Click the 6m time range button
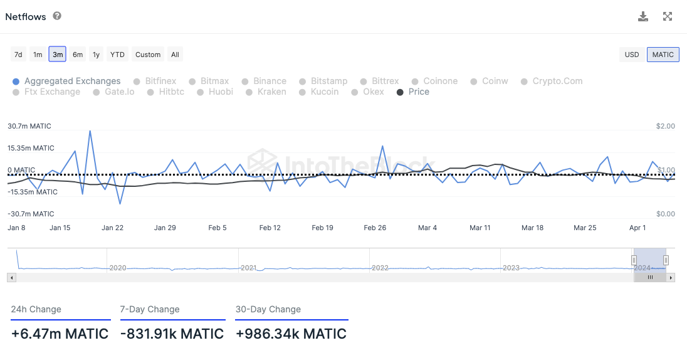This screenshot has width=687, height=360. click(x=78, y=55)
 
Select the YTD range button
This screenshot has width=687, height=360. click(x=117, y=55)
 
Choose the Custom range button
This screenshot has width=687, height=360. click(x=148, y=55)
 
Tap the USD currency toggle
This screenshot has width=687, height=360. click(x=632, y=55)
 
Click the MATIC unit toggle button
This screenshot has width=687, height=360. click(x=663, y=55)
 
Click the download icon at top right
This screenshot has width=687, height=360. click(x=643, y=17)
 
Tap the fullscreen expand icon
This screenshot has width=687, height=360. click(x=668, y=17)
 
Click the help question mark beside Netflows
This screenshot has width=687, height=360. click(x=57, y=16)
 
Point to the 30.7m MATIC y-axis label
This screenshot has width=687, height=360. click(x=29, y=126)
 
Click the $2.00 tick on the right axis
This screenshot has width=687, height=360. click(x=665, y=126)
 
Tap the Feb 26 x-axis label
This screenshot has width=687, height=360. click(x=375, y=228)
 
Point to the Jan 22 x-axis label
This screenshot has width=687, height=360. click(x=112, y=228)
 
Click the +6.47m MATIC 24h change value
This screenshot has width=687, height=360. click(x=60, y=334)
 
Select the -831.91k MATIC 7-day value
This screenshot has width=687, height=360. click(x=172, y=334)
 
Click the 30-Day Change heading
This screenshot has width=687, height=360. click(x=268, y=309)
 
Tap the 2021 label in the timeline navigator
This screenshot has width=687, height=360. click(x=249, y=268)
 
